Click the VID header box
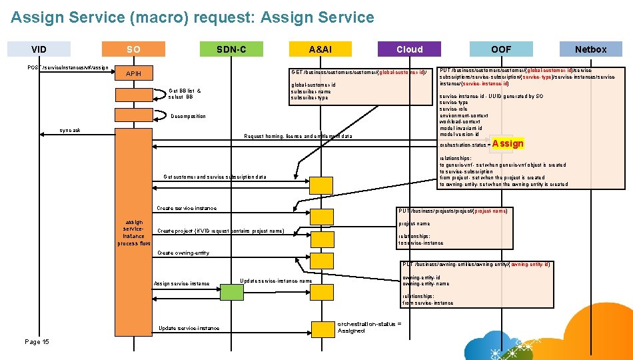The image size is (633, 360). (x=39, y=49)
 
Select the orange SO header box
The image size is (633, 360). (x=133, y=49)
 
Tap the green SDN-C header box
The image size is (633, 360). (x=231, y=49)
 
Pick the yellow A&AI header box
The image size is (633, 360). (x=320, y=49)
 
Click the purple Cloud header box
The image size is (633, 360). (x=409, y=49)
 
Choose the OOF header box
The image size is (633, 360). (x=501, y=49)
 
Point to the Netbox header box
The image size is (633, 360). (x=590, y=49)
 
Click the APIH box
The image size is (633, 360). (x=133, y=73)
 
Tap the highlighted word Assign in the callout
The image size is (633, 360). (x=508, y=143)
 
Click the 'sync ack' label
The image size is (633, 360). (x=70, y=130)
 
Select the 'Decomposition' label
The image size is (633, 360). (x=188, y=116)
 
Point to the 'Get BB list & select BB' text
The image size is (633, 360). (x=185, y=93)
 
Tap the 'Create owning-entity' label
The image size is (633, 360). (x=183, y=253)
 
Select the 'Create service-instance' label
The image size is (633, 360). (x=186, y=208)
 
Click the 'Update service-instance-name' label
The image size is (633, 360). (x=276, y=281)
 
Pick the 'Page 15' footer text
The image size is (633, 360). (x=37, y=341)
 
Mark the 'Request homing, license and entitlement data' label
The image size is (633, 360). (x=298, y=137)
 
